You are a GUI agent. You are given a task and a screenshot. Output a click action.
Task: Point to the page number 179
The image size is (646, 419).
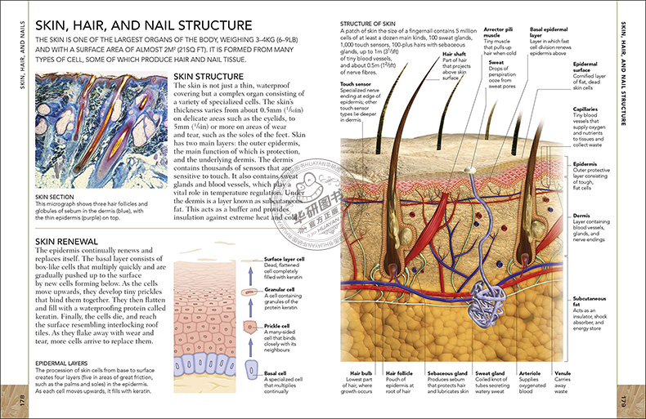[x=624, y=400]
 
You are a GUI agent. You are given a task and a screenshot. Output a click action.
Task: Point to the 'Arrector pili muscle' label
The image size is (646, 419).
[x=493, y=31]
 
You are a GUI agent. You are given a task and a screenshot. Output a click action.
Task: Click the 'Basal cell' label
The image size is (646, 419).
[x=276, y=373]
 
